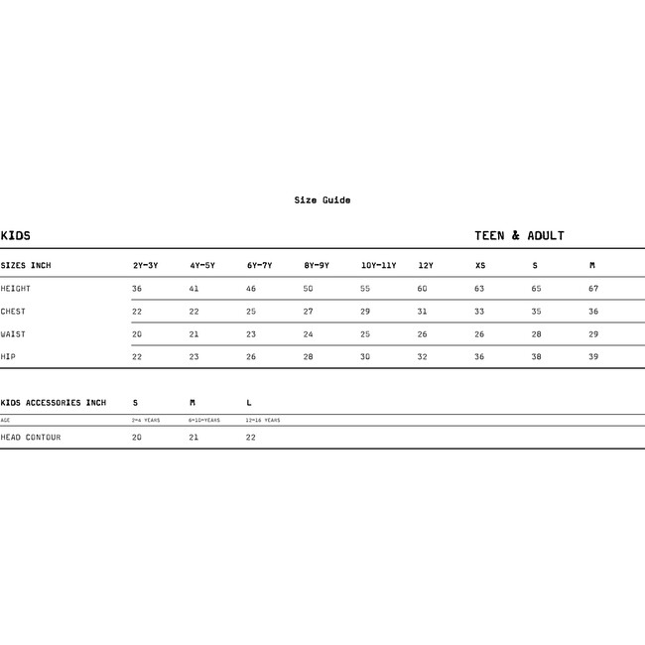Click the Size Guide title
322,200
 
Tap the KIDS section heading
16,236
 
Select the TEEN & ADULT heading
519,236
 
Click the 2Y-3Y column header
146,266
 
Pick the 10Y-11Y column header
378,266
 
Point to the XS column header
480,266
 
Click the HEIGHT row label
16,289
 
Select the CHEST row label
14,312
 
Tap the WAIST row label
14,334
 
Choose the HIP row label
8,357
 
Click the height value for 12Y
422,289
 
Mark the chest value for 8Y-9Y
308,312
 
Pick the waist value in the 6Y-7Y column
251,334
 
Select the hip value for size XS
479,357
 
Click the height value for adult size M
593,289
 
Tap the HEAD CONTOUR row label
31,438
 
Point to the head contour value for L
251,438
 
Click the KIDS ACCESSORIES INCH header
54,403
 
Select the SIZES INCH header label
26,266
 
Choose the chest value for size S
536,312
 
